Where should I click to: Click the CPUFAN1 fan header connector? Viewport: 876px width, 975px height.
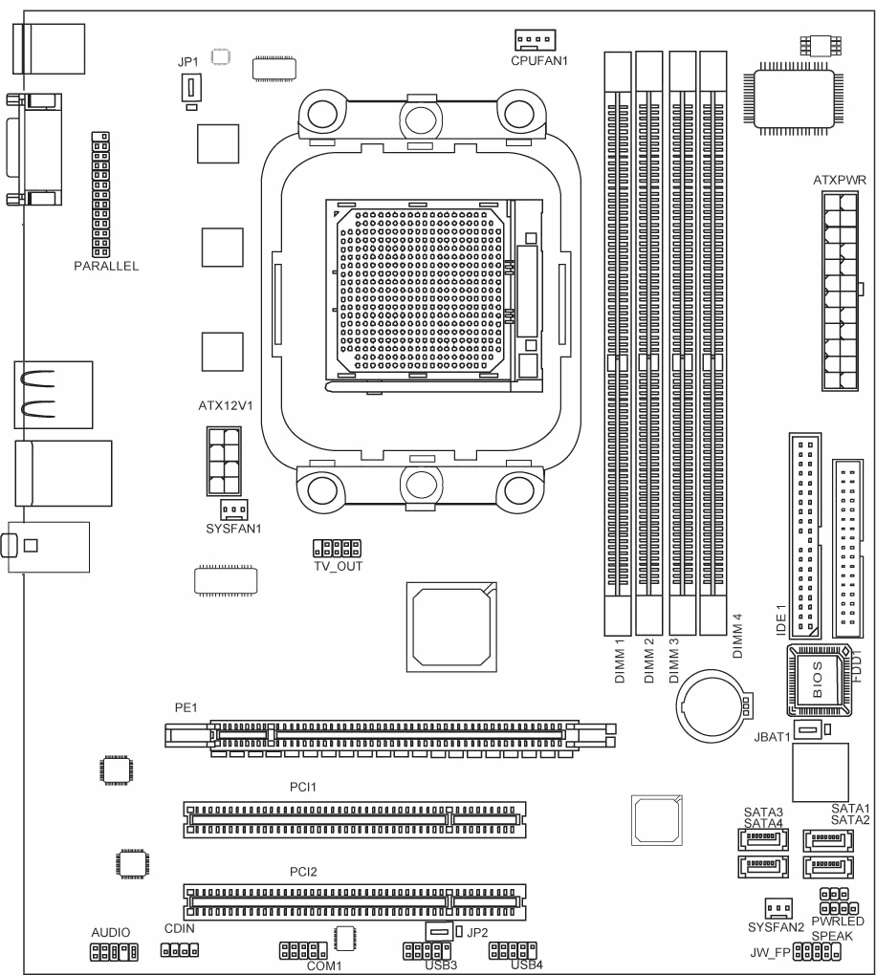click(x=535, y=40)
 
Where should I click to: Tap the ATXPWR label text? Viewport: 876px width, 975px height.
click(x=840, y=181)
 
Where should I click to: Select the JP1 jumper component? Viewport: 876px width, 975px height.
click(x=191, y=88)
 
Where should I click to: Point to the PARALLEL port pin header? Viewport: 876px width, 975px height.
click(x=100, y=195)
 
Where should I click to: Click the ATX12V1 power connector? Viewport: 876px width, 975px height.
click(x=224, y=462)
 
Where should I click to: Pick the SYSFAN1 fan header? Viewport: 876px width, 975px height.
click(x=234, y=509)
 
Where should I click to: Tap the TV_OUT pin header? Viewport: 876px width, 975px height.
click(x=338, y=549)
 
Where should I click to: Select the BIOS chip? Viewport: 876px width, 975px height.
click(x=818, y=680)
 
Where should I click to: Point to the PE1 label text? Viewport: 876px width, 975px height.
click(x=186, y=707)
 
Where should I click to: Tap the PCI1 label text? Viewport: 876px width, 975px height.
click(x=303, y=788)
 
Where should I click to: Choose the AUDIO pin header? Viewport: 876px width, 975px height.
click(x=115, y=951)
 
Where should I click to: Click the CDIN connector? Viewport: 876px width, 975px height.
click(x=180, y=950)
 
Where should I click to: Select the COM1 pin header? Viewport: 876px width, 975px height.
click(x=303, y=951)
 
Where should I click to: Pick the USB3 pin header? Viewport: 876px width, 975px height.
click(x=427, y=951)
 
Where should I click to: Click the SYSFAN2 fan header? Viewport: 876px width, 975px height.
click(x=778, y=908)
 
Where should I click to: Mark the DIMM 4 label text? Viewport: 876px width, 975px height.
click(x=738, y=636)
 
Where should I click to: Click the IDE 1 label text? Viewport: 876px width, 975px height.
click(x=781, y=619)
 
